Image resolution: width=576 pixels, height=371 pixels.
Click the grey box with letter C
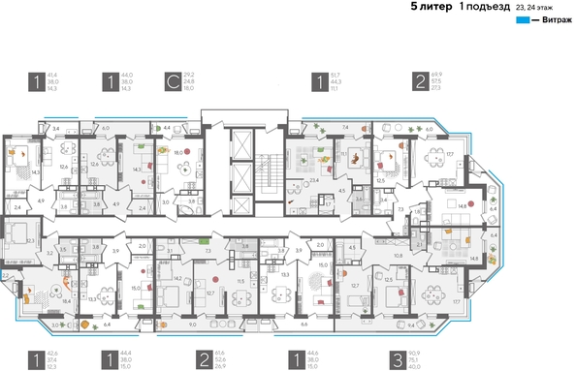click(x=171, y=81)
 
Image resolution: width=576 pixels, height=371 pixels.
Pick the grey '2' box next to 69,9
click(x=419, y=81)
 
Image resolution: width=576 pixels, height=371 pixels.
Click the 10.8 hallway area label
click(x=398, y=256)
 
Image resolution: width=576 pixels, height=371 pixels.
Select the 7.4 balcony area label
click(x=345, y=128)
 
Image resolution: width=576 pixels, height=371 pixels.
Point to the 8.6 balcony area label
click(x=304, y=326)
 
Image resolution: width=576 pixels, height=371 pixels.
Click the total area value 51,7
click(x=335, y=74)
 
